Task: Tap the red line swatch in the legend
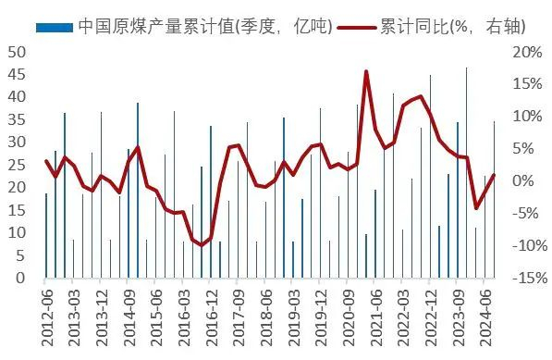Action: pos(356,27)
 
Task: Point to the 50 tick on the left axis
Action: pos(16,52)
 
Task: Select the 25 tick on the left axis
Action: pos(16,165)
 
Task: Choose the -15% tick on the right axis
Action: pos(523,277)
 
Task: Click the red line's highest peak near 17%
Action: pos(366,71)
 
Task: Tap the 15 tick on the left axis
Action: pos(16,209)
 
